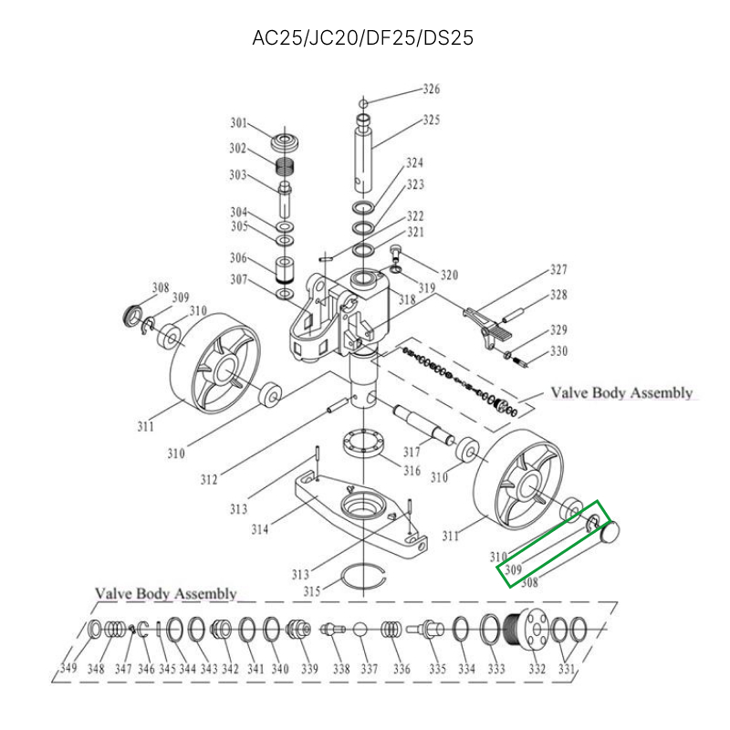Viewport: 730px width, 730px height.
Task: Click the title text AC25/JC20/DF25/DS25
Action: pos(362,38)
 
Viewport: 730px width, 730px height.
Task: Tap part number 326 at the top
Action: pos(431,89)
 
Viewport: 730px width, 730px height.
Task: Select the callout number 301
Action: pos(238,123)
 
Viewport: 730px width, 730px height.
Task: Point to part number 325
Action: pos(431,120)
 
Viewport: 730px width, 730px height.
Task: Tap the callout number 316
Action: pos(412,472)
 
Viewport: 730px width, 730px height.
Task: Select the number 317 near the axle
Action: pos(411,452)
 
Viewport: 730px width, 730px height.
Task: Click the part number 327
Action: pos(558,270)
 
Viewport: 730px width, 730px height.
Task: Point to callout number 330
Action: pos(558,350)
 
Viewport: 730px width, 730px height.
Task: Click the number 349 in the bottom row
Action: pos(68,669)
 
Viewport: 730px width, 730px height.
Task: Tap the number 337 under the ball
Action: pos(369,669)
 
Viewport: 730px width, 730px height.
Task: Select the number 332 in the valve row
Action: pos(537,669)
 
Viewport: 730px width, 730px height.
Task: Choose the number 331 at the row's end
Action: pos(568,669)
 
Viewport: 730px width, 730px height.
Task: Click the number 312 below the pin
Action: pos(209,478)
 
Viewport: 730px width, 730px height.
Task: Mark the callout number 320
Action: pos(449,276)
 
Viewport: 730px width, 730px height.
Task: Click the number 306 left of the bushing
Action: pos(238,257)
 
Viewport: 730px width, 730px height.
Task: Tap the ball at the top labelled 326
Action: pos(362,101)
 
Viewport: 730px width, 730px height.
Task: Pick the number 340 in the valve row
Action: pos(279,669)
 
